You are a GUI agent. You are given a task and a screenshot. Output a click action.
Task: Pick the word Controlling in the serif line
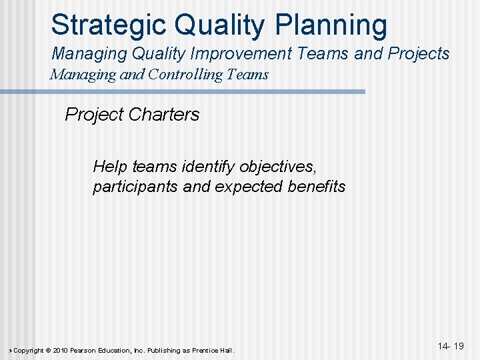point(178,74)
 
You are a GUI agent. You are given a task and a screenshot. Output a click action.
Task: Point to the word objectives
point(275,166)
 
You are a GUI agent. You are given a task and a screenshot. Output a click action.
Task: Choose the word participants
point(135,187)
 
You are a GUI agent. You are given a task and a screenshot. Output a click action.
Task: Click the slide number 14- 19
point(451,347)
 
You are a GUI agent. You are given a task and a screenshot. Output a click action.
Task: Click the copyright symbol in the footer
point(47,351)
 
